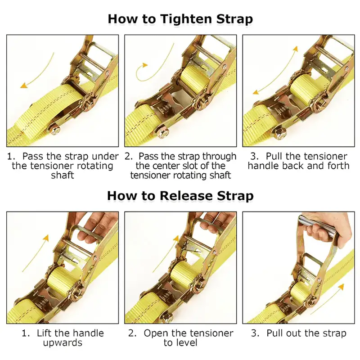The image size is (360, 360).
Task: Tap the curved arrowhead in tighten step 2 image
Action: [x=145, y=65]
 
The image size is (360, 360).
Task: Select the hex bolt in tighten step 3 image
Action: [x=280, y=133]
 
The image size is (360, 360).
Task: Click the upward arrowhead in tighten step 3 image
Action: [x=296, y=49]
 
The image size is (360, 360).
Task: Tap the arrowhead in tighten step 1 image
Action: [x=24, y=86]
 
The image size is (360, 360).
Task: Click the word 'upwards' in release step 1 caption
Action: [x=63, y=343]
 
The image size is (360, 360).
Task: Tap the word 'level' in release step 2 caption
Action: [x=186, y=342]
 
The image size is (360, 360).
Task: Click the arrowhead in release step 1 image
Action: [x=46, y=238]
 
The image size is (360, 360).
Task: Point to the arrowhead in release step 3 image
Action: [x=342, y=287]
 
